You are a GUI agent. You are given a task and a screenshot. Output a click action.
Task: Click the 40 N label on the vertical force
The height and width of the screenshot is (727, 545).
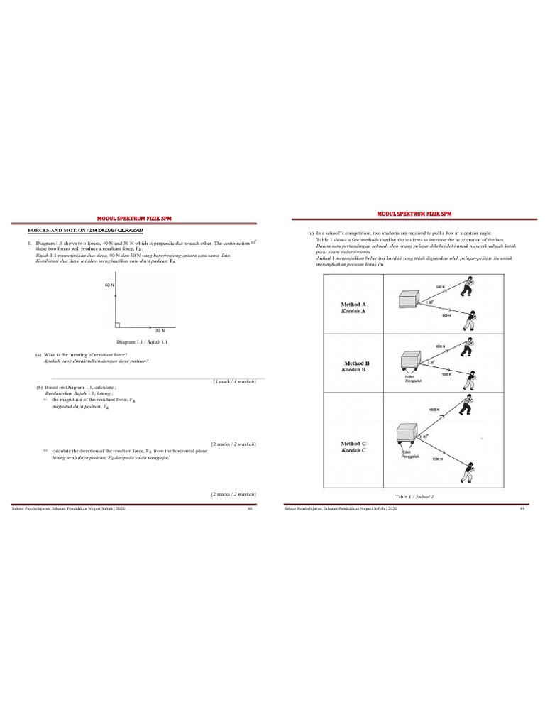click(x=109, y=285)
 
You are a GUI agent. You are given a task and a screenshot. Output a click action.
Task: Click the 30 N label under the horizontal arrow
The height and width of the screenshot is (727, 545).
click(x=160, y=331)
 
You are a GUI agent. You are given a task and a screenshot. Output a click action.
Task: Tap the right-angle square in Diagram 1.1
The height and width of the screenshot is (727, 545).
click(x=118, y=324)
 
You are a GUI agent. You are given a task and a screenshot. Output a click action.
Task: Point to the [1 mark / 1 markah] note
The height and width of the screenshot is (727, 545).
click(x=233, y=381)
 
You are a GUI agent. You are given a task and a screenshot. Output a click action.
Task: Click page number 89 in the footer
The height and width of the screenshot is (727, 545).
click(x=521, y=508)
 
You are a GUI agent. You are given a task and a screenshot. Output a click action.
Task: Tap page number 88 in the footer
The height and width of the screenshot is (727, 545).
click(x=249, y=508)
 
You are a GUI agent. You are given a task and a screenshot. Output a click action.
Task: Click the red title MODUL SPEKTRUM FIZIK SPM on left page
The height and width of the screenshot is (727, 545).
click(x=133, y=219)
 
